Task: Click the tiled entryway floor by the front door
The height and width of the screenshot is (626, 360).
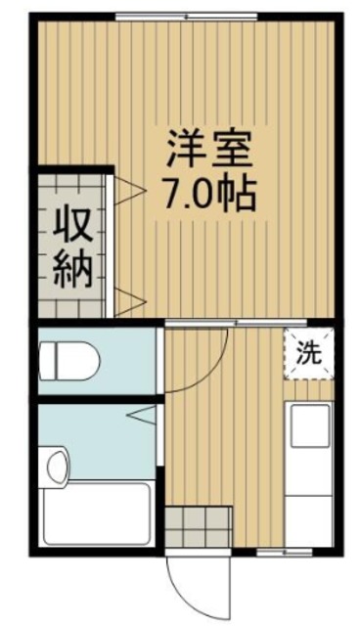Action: tap(198, 528)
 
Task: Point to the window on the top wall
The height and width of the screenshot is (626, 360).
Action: tap(186, 16)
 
